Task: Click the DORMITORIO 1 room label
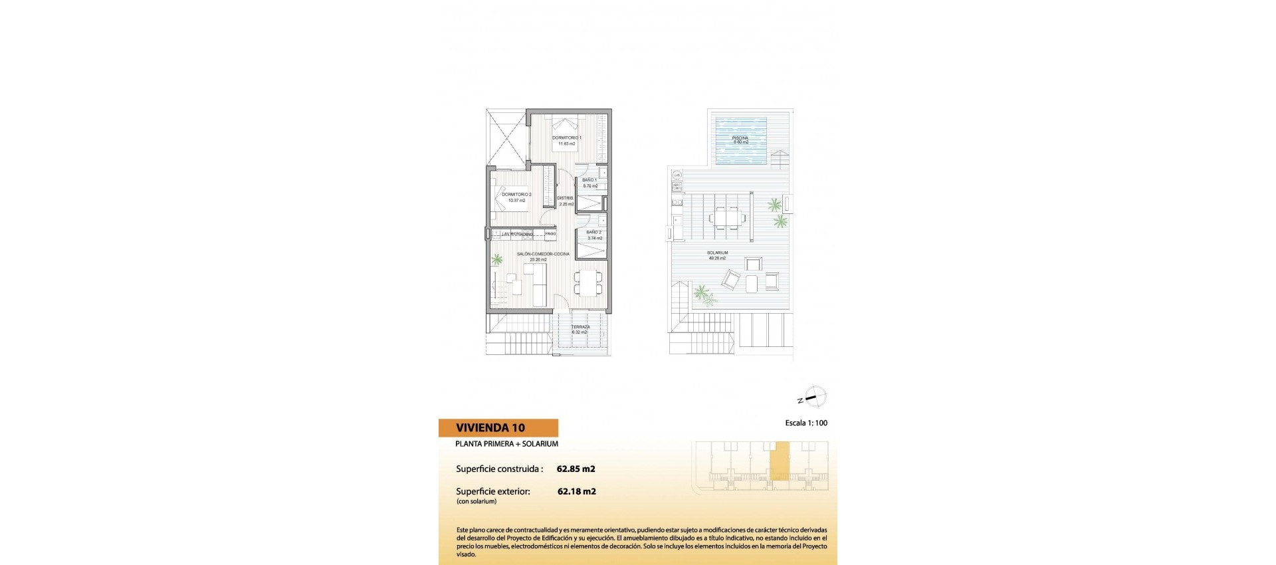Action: click(x=566, y=138)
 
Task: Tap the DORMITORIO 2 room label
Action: click(x=516, y=195)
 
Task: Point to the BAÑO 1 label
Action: click(x=589, y=180)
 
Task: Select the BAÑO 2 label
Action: click(x=594, y=233)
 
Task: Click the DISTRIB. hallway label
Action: click(x=566, y=198)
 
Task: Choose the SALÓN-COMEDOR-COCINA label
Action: click(x=543, y=254)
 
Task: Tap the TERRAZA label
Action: click(x=580, y=327)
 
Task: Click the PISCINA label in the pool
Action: click(x=740, y=138)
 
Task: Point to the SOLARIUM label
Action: click(x=717, y=253)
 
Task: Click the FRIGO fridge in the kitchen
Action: click(x=550, y=234)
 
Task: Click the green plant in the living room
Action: click(x=496, y=260)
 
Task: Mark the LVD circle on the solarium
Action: click(x=677, y=175)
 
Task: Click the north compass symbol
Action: click(x=816, y=397)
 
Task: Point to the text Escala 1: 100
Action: click(x=805, y=423)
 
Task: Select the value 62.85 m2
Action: click(x=576, y=469)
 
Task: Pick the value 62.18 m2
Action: click(x=576, y=492)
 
